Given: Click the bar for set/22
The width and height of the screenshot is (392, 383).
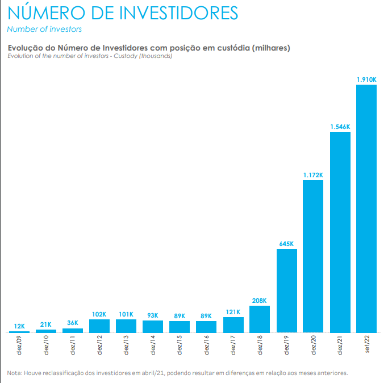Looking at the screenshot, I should (x=366, y=208).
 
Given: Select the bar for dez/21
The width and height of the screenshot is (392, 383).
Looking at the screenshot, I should (x=340, y=232).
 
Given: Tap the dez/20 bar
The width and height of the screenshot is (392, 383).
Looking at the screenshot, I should (x=313, y=256).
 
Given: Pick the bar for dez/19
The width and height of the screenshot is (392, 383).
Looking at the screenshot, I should (x=287, y=290).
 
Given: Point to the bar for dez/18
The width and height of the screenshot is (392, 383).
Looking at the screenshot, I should (x=260, y=319).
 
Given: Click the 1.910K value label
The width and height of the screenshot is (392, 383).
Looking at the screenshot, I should (x=366, y=80).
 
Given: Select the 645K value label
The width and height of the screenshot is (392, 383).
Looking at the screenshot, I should (x=287, y=244).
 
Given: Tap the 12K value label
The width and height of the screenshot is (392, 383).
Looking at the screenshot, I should (x=19, y=326).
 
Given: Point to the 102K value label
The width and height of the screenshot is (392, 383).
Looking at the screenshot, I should (x=99, y=314).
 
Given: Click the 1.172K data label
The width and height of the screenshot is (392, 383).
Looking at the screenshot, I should (x=313, y=175).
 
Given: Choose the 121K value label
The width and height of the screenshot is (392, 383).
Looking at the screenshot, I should (x=233, y=312).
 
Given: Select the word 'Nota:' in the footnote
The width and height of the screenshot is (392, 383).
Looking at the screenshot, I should (x=15, y=373).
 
